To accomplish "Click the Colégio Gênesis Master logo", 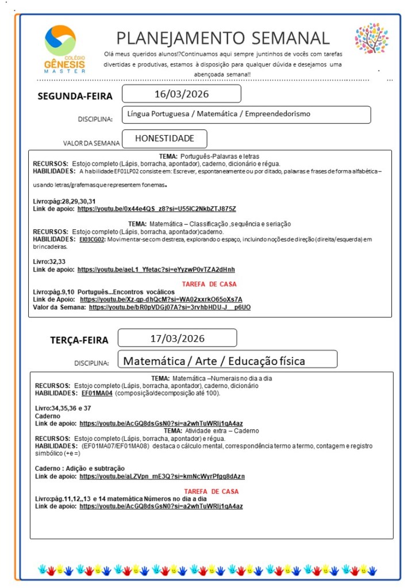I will point(64,49).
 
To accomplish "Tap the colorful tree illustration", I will point(371,39).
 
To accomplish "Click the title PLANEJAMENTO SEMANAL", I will point(223,38).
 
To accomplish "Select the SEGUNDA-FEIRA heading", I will point(75,96).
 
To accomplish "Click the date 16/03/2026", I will point(182,94).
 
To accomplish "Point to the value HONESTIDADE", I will point(164,139).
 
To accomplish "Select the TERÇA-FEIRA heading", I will point(79,340).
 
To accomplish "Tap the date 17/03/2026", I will point(177,338).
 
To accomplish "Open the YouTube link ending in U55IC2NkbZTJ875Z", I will point(156,209).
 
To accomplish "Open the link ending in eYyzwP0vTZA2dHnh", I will point(156,269).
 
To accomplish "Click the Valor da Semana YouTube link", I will point(170,308).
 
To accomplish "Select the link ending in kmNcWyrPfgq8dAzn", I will point(162,476).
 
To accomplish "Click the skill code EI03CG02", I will point(92,239).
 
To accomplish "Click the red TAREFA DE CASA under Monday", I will point(209,284).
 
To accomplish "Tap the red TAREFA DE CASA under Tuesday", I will point(211,491).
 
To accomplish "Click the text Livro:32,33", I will point(48,261).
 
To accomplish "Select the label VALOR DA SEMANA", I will point(91,143).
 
